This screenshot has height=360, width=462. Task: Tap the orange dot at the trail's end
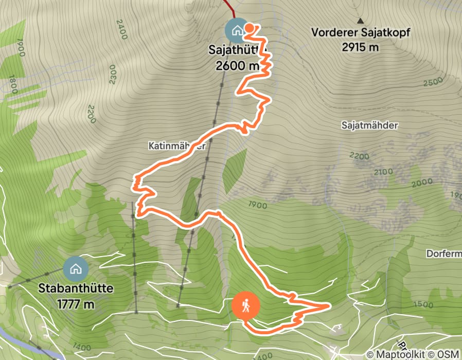(x=249, y=28)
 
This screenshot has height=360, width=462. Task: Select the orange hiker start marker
(x=246, y=306)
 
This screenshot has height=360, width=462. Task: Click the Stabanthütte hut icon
(x=76, y=268)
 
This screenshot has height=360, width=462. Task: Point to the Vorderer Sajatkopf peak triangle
(x=361, y=21)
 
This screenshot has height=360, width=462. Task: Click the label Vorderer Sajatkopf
(x=361, y=33)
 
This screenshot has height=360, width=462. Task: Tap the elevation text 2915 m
(x=360, y=47)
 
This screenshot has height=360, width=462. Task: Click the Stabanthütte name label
(x=76, y=289)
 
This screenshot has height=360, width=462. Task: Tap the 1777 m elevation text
(x=76, y=303)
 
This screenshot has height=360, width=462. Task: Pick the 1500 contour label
(x=422, y=304)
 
